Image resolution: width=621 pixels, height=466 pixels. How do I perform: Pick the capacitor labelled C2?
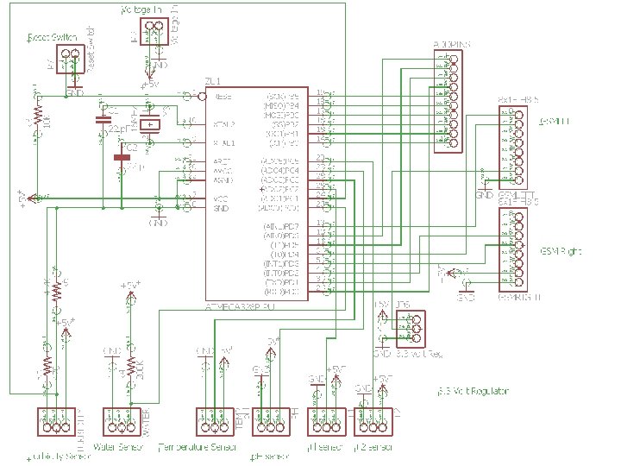click(121, 158)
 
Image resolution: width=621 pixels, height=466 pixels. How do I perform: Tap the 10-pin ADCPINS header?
click(447, 102)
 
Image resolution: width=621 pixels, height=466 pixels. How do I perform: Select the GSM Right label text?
click(561, 251)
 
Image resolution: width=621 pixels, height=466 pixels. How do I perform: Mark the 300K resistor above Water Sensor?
click(132, 364)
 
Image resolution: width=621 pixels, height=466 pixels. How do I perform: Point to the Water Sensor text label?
click(117, 447)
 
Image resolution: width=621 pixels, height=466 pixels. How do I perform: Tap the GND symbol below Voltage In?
click(160, 64)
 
